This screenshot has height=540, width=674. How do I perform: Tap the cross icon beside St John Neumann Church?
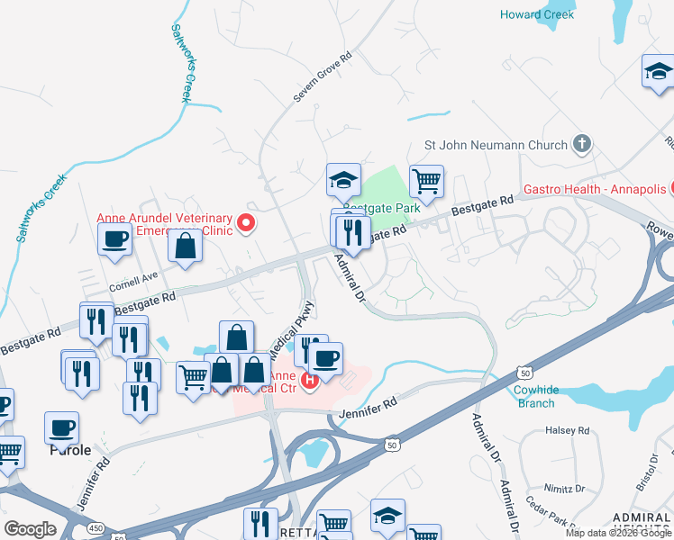(x=582, y=144)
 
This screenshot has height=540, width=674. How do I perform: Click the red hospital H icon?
(x=310, y=382)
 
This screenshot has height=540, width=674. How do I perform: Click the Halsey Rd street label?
(x=566, y=431)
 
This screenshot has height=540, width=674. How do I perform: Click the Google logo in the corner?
(x=30, y=529)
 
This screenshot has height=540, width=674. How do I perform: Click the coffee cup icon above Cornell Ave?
(x=114, y=239)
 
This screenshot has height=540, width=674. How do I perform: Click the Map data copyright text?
(x=617, y=533)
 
